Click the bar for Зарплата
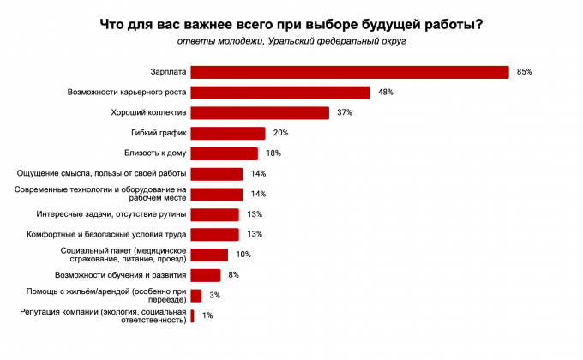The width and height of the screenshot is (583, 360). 349,72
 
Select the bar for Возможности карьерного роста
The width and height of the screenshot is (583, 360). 279,93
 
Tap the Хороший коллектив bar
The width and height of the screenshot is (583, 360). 260,112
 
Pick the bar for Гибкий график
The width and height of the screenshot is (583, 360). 227,133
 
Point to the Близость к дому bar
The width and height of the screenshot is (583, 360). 224,153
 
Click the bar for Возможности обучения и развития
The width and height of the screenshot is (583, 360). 205,275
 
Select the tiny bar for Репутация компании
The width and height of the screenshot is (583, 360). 192,316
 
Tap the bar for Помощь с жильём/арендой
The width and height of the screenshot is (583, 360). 195,296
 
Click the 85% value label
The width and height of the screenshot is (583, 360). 524,72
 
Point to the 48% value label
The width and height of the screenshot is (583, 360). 385,93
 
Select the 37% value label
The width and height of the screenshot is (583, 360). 345,112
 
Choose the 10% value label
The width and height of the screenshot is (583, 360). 243,255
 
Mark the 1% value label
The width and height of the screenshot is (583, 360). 207,316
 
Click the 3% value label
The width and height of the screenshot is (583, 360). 215,296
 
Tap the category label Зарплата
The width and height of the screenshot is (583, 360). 168,72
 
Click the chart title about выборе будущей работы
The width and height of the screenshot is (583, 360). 291,24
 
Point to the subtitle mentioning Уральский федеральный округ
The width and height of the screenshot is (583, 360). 291,40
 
